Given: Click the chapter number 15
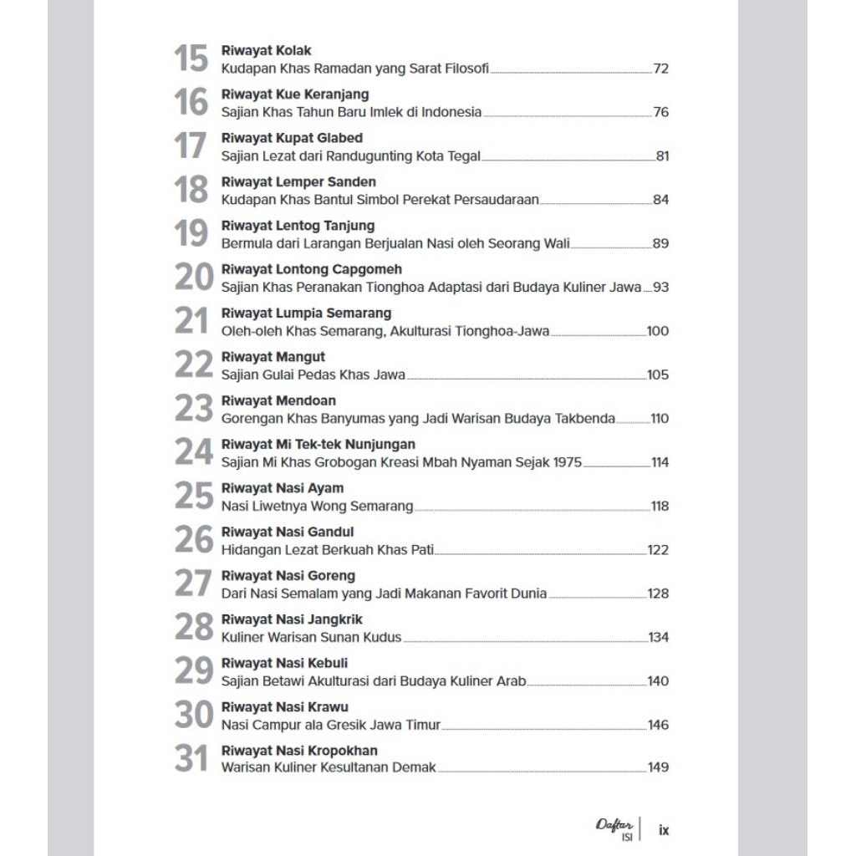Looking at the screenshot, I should (191, 59).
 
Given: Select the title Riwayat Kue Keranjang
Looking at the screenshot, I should (295, 94).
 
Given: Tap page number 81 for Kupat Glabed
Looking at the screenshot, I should (662, 156).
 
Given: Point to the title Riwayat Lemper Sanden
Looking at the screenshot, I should (298, 182).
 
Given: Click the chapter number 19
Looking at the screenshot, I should (191, 234).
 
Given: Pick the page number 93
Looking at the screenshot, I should (661, 288).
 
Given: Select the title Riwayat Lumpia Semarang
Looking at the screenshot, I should (306, 313).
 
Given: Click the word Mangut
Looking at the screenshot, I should (300, 357).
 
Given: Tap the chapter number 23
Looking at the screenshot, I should (193, 409).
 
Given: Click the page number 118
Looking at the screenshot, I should (660, 507).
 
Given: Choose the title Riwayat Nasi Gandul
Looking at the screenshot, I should (288, 532).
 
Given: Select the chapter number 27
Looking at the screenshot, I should (193, 583).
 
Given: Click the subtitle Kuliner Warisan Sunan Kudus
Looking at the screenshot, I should (311, 638).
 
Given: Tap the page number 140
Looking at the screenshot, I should (658, 681).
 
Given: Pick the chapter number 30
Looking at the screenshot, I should (193, 715).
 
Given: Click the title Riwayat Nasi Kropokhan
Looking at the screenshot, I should (299, 751).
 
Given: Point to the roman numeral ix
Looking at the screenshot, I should (664, 831).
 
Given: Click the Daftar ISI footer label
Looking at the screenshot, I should (614, 828).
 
